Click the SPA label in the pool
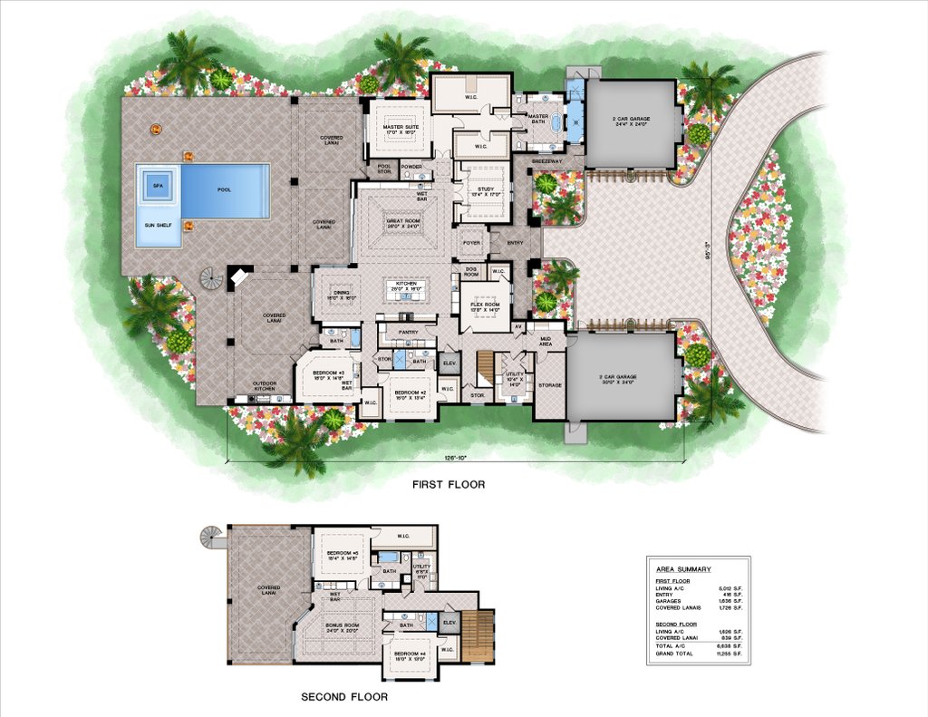point(158,185)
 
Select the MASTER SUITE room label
point(399,129)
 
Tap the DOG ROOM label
point(471,270)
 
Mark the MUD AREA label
point(546,342)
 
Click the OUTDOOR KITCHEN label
point(262,383)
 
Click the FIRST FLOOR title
point(449,485)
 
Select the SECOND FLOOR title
point(344,697)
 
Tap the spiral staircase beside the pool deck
point(211,278)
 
